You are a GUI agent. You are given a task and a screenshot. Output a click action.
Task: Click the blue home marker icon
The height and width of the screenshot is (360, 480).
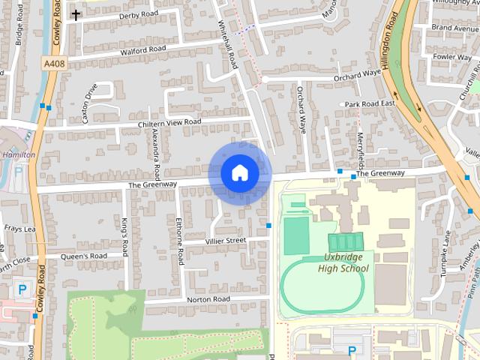(x=239, y=172)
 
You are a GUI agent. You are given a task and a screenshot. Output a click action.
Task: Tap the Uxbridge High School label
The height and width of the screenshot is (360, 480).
(x=343, y=263)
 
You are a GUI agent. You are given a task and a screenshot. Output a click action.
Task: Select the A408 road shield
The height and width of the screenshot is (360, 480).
(x=53, y=64)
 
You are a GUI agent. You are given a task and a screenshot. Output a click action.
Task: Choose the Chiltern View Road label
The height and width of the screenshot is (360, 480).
(x=169, y=122)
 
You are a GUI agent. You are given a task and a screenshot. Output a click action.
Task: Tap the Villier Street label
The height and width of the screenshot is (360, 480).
(x=226, y=240)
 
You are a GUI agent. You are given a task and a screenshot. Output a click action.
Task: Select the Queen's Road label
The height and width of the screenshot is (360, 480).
(x=84, y=256)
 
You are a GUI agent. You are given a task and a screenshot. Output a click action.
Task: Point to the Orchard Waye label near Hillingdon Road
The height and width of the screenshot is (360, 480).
(x=358, y=74)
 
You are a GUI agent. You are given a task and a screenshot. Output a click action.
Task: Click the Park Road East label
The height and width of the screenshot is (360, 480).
(x=368, y=103)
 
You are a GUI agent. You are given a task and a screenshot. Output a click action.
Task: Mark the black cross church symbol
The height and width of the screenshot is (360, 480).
(x=76, y=14)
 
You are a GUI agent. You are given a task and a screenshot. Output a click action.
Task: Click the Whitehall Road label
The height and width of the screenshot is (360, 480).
(x=232, y=45)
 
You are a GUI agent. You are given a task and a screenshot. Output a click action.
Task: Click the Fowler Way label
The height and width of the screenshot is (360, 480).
(x=452, y=56)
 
